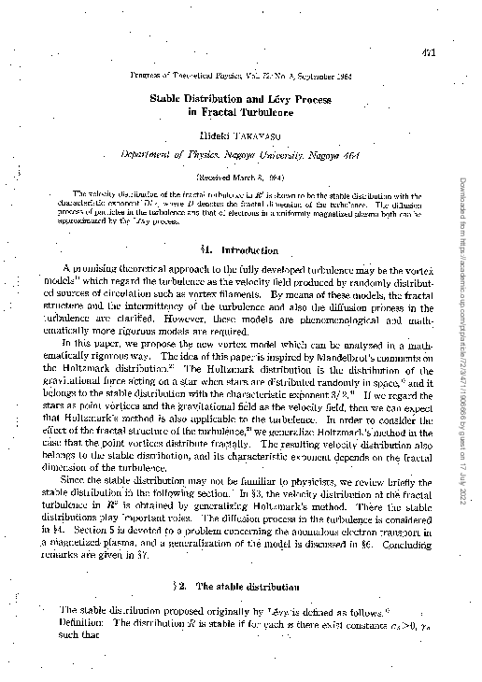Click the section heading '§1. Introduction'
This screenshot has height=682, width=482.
pos(241,249)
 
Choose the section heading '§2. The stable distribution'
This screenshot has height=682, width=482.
pos(241,584)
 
